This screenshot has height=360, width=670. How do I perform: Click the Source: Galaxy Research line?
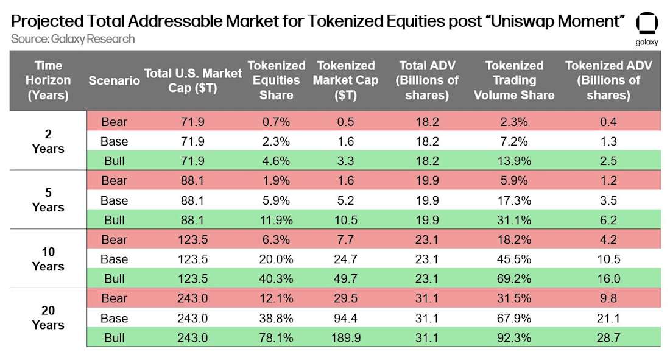(x=72, y=39)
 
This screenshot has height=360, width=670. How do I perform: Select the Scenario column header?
(x=114, y=80)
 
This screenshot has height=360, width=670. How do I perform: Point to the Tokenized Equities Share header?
(x=277, y=80)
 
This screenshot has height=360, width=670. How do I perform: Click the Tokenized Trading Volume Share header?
(x=515, y=80)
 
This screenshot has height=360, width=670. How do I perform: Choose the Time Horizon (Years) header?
(x=48, y=80)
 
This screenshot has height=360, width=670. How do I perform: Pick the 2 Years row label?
(x=48, y=141)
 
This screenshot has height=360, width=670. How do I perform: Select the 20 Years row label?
(x=48, y=317)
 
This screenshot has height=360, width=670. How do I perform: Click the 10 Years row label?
(x=48, y=259)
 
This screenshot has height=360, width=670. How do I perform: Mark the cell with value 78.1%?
(x=277, y=337)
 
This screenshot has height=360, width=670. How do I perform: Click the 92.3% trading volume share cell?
(x=515, y=337)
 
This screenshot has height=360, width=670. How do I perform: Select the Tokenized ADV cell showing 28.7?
(x=607, y=337)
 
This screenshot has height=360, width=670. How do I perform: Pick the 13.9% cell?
(x=515, y=161)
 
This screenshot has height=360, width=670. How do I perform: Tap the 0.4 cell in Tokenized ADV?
(x=607, y=122)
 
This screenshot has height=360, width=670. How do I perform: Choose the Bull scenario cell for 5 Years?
(x=114, y=220)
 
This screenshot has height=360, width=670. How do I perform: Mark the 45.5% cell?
(x=515, y=259)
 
